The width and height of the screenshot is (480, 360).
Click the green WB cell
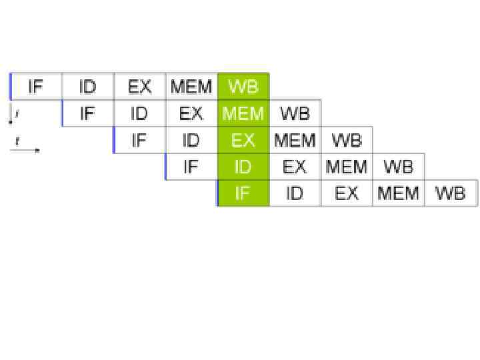pyautogui.click(x=243, y=87)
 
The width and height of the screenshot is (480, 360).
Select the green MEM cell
pyautogui.click(x=243, y=113)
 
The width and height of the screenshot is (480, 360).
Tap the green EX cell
pyautogui.click(x=243, y=140)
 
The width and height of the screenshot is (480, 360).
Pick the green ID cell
pyautogui.click(x=243, y=167)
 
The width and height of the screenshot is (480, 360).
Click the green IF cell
pyautogui.click(x=243, y=193)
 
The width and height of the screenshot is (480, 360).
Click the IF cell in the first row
pyautogui.click(x=36, y=87)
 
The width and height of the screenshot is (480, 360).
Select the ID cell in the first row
pyautogui.click(x=88, y=87)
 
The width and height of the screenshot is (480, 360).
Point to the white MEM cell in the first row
pyautogui.click(x=191, y=87)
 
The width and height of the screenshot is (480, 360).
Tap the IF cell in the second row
pyautogui.click(x=88, y=113)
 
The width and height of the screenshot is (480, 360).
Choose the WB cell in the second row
pyautogui.click(x=295, y=113)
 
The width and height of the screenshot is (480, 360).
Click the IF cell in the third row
pyautogui.click(x=139, y=140)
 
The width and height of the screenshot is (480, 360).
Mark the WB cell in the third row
pyautogui.click(x=347, y=140)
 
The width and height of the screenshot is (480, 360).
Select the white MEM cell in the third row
pyautogui.click(x=295, y=140)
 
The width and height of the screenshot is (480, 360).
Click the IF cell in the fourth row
pyautogui.click(x=191, y=167)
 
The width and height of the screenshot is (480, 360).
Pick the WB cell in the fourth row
pyautogui.click(x=398, y=167)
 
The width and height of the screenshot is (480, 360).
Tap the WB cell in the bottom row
pyautogui.click(x=450, y=193)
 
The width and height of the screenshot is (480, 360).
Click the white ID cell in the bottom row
pyautogui.click(x=295, y=193)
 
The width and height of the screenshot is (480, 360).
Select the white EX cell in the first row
pyautogui.click(x=139, y=87)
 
